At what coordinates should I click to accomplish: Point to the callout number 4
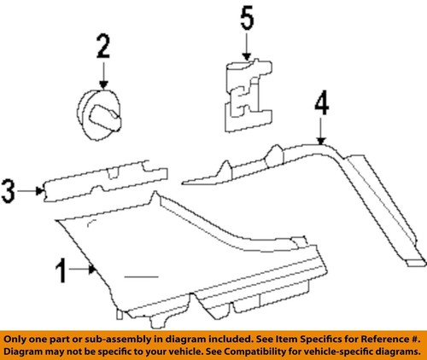coord(320,105)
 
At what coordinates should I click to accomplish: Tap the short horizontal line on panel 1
coord(141,277)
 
